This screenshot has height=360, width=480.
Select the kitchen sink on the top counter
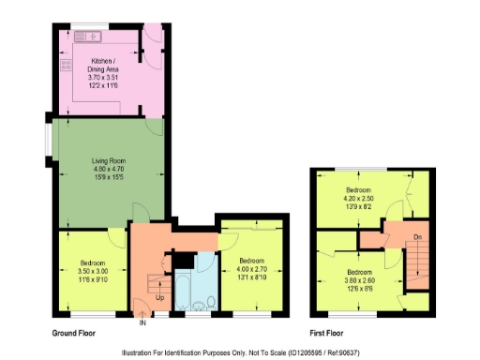91,37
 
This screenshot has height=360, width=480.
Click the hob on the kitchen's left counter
66,66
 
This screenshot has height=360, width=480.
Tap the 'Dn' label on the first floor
418,238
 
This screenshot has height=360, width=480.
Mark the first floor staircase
418,267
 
